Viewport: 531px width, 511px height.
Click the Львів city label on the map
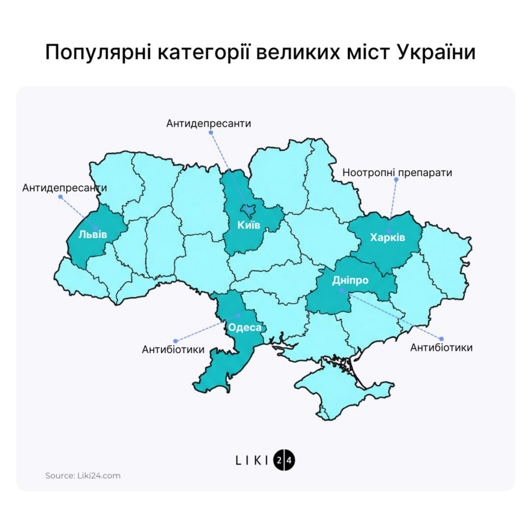pos(93,235)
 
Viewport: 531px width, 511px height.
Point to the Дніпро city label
pos(350,280)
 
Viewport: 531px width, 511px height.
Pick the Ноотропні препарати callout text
pos(397,172)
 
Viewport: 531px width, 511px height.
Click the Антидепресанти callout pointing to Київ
pos(208,124)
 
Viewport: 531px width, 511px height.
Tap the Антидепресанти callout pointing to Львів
pos(65,188)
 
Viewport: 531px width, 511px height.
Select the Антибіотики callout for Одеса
pos(173,350)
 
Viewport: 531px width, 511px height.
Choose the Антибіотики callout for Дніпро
pos(441,347)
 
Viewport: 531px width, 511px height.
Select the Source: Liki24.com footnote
pos(83,475)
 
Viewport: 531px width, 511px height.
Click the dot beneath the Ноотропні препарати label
pos(396,180)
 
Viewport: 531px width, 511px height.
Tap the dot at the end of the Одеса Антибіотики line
pos(175,340)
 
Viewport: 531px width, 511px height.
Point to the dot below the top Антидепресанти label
pos(211,133)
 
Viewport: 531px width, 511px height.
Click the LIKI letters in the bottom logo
pos(253,460)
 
